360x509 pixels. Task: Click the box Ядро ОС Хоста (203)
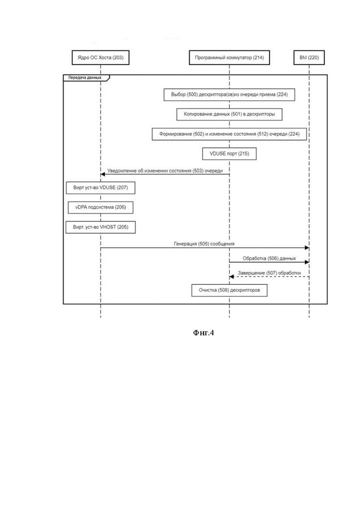(100, 58)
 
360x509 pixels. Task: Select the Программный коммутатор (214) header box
(229, 58)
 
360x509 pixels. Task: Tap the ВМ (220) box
(309, 58)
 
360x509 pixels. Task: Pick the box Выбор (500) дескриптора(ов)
(229, 95)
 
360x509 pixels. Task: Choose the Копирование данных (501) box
(229, 114)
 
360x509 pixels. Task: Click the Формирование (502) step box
(229, 134)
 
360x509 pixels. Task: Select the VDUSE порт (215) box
(229, 154)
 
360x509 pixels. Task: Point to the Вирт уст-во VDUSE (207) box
(101, 188)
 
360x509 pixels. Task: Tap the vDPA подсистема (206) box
(101, 207)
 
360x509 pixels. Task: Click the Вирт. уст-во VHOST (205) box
(101, 227)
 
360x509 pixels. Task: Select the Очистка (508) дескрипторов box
(229, 290)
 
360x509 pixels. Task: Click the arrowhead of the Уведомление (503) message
(102, 174)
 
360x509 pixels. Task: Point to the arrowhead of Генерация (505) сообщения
(307, 248)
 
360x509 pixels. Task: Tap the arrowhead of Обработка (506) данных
(307, 262)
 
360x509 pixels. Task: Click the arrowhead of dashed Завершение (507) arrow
(231, 276)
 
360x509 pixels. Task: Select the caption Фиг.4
(204, 333)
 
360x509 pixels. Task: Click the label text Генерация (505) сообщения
(204, 244)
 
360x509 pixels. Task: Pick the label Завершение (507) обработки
(269, 273)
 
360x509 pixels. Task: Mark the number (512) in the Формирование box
(263, 134)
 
